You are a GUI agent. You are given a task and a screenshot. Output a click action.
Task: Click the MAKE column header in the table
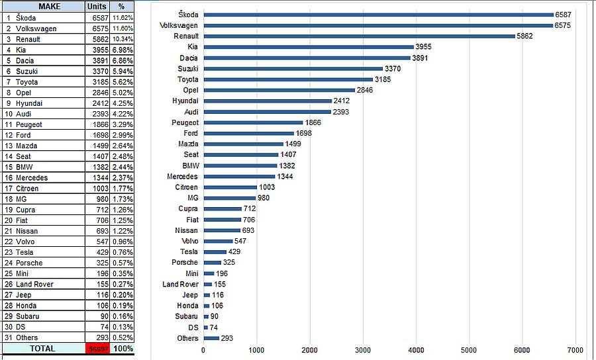[50, 7]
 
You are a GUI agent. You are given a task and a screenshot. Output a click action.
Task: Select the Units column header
[96, 7]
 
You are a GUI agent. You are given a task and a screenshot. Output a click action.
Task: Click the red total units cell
[96, 348]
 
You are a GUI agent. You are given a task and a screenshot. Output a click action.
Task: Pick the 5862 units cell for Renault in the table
[96, 39]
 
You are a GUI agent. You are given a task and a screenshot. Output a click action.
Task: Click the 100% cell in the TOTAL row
[122, 348]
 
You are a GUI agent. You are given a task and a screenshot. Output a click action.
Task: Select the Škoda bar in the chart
[378, 14]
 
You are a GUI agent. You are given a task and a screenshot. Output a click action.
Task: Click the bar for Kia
[309, 47]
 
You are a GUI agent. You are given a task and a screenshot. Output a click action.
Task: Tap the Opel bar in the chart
[279, 90]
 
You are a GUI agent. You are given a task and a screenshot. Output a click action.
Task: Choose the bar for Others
[211, 338]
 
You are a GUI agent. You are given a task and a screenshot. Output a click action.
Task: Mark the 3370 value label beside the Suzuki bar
[393, 68]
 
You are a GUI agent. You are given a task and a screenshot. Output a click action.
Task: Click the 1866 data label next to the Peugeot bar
[313, 122]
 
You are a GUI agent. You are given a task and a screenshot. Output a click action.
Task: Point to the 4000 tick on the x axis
[415, 349]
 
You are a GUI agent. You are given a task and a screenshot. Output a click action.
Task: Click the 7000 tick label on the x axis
[575, 349]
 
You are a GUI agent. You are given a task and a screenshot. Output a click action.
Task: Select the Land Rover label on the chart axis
[180, 284]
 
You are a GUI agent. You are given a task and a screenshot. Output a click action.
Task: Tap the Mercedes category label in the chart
[182, 177]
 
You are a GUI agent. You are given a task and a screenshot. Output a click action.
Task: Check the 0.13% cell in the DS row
[122, 327]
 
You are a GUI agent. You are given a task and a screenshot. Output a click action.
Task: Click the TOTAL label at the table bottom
[43, 348]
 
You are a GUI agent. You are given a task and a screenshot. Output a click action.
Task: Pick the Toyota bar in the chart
[288, 79]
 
